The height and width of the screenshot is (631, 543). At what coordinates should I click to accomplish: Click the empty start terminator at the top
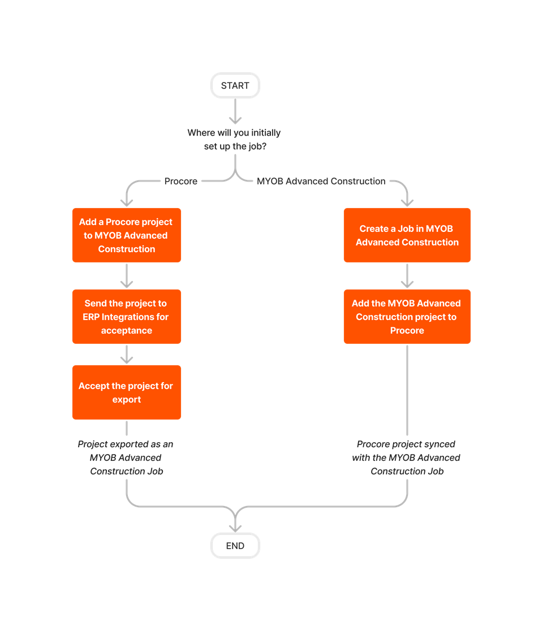235,85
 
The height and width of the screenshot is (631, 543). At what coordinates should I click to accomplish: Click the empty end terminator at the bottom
235,546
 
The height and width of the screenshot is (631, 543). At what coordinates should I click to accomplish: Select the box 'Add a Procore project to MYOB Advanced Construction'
127,235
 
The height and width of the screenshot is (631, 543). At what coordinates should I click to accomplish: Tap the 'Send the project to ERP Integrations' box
127,317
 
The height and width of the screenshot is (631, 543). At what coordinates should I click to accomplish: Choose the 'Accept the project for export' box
127,392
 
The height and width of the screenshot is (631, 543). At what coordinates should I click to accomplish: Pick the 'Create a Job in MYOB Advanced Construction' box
407,235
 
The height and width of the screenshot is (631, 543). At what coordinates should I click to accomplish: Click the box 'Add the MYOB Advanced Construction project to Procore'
407,317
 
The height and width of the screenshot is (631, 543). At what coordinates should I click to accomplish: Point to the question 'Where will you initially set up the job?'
234,140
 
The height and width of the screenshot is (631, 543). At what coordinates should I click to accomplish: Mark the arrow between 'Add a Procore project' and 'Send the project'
127,276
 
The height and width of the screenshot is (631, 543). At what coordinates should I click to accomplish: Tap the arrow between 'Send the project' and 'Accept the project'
127,355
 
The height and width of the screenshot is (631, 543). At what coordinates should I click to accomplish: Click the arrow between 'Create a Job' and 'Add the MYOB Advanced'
407,276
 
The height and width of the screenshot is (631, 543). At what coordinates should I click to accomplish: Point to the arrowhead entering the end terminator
235,526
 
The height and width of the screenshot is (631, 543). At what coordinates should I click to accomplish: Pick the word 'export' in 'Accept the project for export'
127,399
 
